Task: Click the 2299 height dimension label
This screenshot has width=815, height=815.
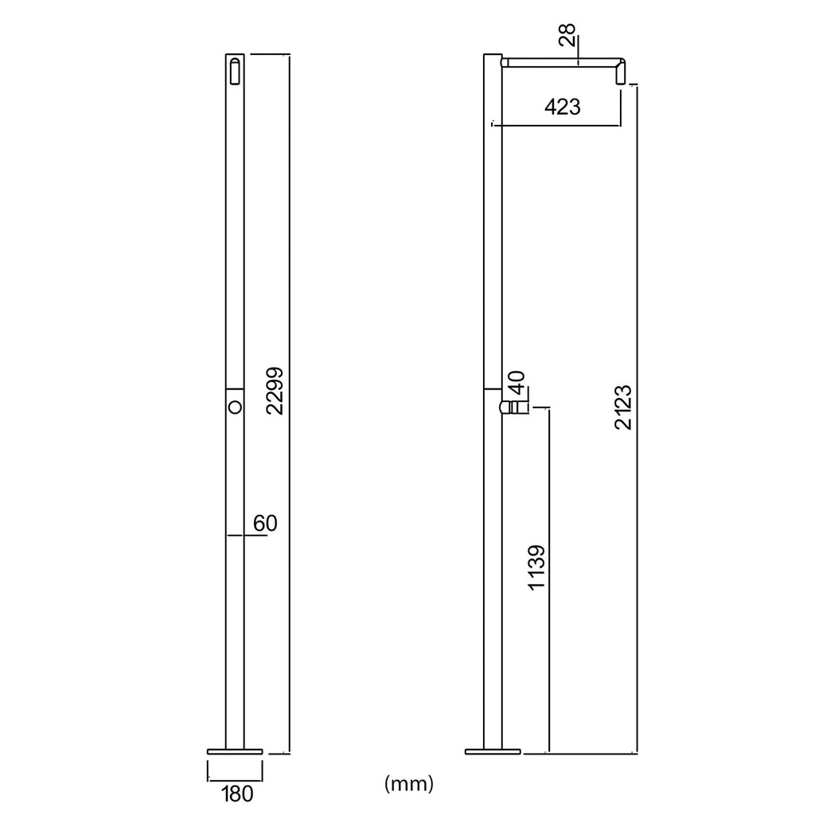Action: [x=275, y=391]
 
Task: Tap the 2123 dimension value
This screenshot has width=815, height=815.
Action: [x=622, y=407]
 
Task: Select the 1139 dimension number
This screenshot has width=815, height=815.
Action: [x=536, y=567]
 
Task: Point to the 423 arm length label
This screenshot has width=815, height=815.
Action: [x=563, y=107]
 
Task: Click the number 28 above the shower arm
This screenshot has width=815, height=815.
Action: [x=567, y=35]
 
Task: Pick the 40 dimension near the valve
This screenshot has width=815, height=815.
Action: [x=516, y=383]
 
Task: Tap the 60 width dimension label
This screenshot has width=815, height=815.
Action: [x=265, y=524]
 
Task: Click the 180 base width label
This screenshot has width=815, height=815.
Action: [x=237, y=794]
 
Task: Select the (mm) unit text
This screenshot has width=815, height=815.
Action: [x=408, y=783]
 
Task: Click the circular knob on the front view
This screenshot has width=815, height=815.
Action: [x=235, y=407]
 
